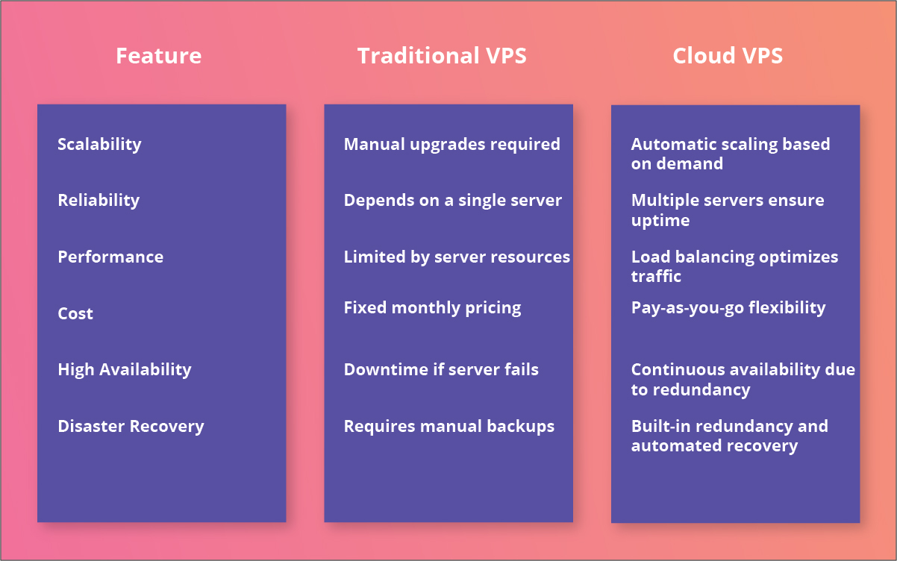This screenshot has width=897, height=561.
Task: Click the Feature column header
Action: (x=158, y=56)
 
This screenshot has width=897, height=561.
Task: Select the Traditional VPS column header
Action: (x=442, y=56)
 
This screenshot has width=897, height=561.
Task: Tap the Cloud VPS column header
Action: (x=728, y=56)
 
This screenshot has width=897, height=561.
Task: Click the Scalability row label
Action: (x=99, y=144)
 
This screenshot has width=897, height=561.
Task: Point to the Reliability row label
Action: (x=99, y=200)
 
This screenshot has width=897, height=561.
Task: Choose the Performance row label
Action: (x=110, y=257)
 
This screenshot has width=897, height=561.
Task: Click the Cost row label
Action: (x=75, y=313)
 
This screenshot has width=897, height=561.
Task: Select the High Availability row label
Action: (x=125, y=369)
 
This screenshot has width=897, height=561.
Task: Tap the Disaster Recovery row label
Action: (x=131, y=426)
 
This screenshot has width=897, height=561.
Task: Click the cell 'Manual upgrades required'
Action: (x=451, y=144)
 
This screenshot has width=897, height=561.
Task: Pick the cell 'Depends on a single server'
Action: (x=452, y=200)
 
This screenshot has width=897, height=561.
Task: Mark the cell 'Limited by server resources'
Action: (x=457, y=257)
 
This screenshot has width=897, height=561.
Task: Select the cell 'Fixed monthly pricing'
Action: (x=432, y=307)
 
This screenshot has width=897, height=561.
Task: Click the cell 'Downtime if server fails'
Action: (x=441, y=369)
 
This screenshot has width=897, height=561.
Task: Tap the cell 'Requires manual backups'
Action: (x=448, y=426)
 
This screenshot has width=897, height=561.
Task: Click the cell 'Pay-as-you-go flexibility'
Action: (x=728, y=307)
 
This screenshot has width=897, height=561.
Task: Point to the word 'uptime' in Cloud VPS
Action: (x=660, y=221)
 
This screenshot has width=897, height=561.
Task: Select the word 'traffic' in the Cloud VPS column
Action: (x=656, y=276)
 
